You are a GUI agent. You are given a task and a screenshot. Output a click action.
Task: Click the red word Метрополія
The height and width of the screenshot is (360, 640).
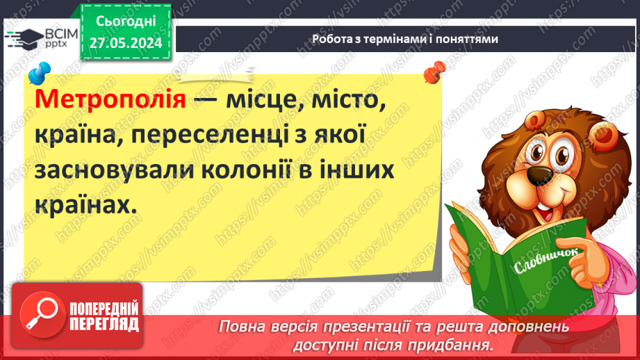pos(109,100)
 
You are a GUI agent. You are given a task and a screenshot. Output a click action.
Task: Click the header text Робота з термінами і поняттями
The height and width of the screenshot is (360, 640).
pos(405,39)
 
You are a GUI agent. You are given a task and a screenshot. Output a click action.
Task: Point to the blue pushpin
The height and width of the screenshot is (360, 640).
pos(40,72)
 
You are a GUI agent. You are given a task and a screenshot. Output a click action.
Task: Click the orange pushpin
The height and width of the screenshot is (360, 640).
pos(435,70)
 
